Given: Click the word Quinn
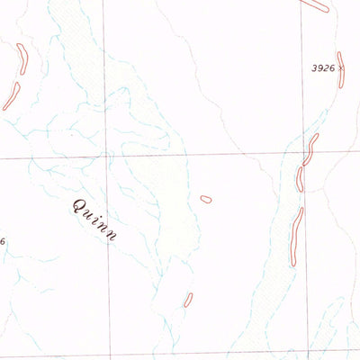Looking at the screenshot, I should click(94, 217).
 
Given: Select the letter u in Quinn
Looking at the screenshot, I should click(88, 212).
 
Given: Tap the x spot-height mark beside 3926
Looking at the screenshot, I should click(343, 67).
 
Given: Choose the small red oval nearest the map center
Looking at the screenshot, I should click(206, 199).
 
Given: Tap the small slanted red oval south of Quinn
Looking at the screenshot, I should click(188, 300).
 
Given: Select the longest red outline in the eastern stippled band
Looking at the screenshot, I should click(295, 236).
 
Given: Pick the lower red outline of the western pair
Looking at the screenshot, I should click(11, 96).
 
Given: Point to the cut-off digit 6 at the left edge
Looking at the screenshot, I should click(3, 241).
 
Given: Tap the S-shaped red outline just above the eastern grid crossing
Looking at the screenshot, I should click(310, 149).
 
